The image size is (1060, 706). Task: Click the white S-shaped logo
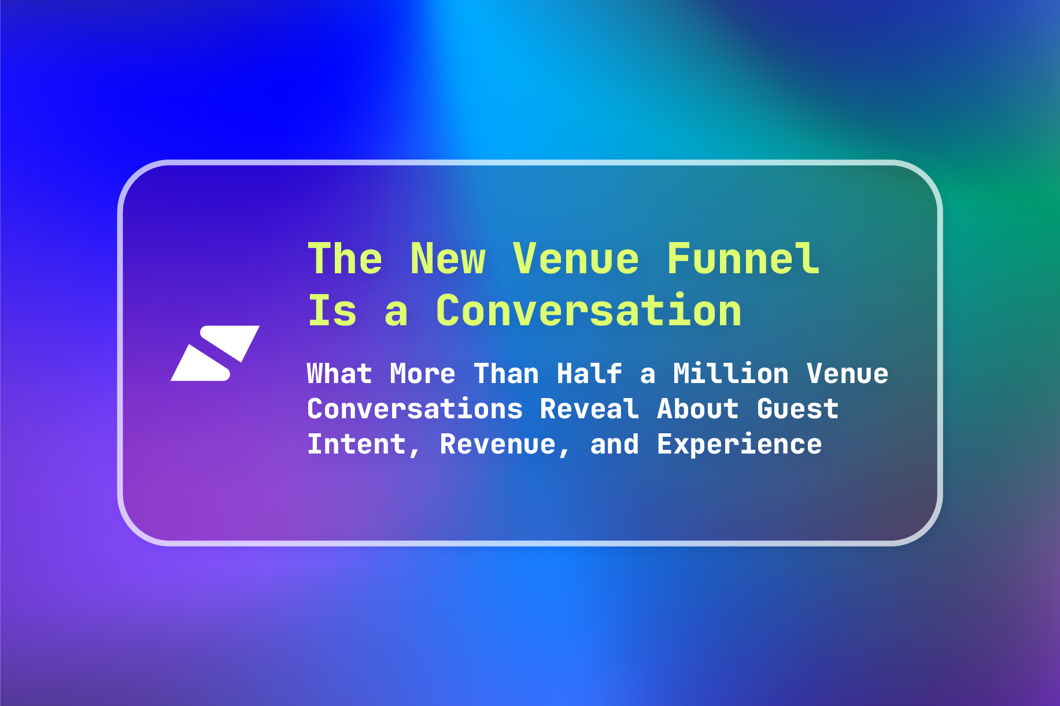click(x=215, y=353)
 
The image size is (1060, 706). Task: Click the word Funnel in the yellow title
click(x=743, y=258)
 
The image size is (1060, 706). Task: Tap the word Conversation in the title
click(x=589, y=310)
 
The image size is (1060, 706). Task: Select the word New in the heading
click(x=448, y=258)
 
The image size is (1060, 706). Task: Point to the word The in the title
click(x=345, y=258)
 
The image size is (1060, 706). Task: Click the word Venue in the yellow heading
click(x=576, y=258)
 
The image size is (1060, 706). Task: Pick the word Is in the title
click(x=333, y=310)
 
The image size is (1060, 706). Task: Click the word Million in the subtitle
click(x=731, y=373)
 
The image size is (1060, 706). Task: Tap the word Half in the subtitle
click(x=589, y=373)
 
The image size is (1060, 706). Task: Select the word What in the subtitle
click(x=339, y=373)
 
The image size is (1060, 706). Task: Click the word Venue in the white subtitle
click(x=848, y=373)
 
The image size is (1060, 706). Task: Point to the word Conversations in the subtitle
click(x=415, y=408)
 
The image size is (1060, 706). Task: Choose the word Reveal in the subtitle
click(x=589, y=408)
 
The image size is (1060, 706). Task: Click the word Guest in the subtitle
click(x=798, y=408)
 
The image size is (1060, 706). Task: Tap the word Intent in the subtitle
click(x=357, y=444)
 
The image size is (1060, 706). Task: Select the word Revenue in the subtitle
click(x=498, y=444)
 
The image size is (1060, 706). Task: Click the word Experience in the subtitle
click(x=740, y=444)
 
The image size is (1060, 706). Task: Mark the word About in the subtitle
click(x=698, y=408)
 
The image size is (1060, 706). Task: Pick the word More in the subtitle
click(x=423, y=373)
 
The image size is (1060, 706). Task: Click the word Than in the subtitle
click(x=506, y=373)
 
